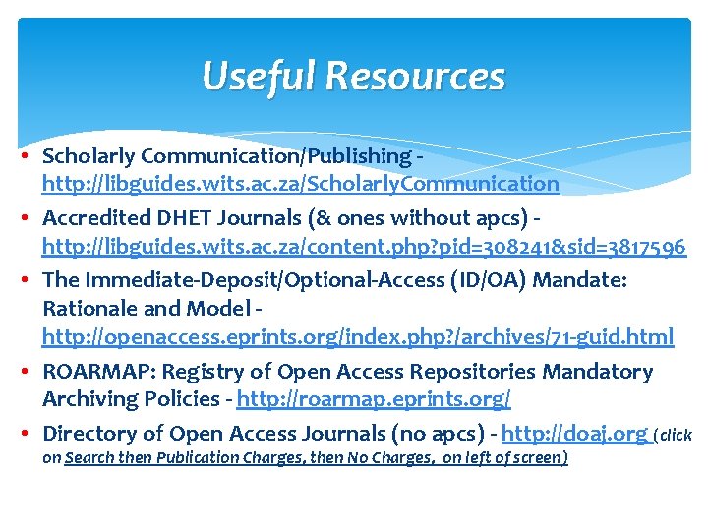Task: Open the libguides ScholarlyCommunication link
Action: click(x=300, y=184)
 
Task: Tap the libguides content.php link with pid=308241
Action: click(x=363, y=246)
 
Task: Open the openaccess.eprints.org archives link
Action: click(x=357, y=337)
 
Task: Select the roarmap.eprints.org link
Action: click(x=374, y=399)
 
